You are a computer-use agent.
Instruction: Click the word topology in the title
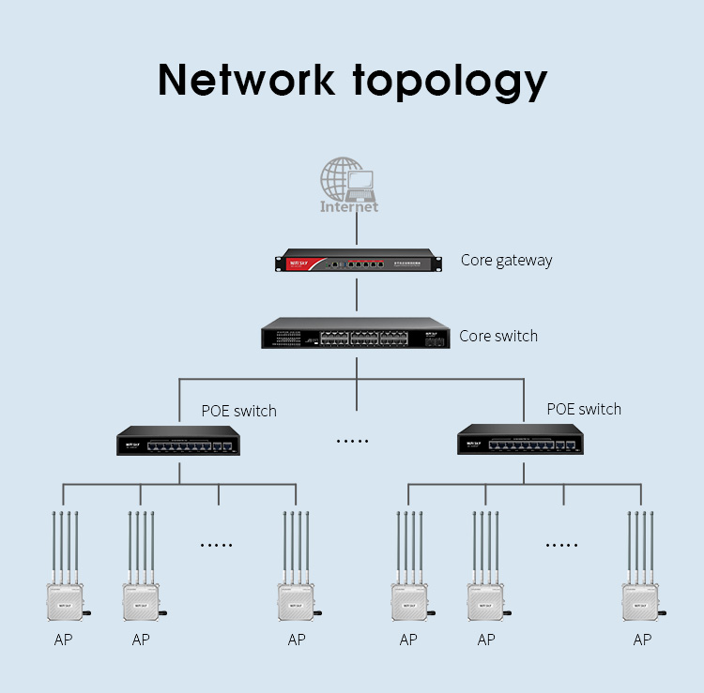450,83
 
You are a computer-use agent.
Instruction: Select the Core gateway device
357,262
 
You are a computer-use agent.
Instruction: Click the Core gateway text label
506,261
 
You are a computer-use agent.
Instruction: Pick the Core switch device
357,334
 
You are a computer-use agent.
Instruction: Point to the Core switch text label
498,336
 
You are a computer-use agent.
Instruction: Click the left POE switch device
178,442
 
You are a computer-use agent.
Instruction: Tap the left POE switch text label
238,411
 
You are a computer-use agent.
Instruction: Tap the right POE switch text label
584,409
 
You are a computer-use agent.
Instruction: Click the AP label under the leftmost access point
64,640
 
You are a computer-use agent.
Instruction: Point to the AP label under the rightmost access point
642,640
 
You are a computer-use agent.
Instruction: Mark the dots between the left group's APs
217,545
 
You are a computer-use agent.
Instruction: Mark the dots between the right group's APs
561,545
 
